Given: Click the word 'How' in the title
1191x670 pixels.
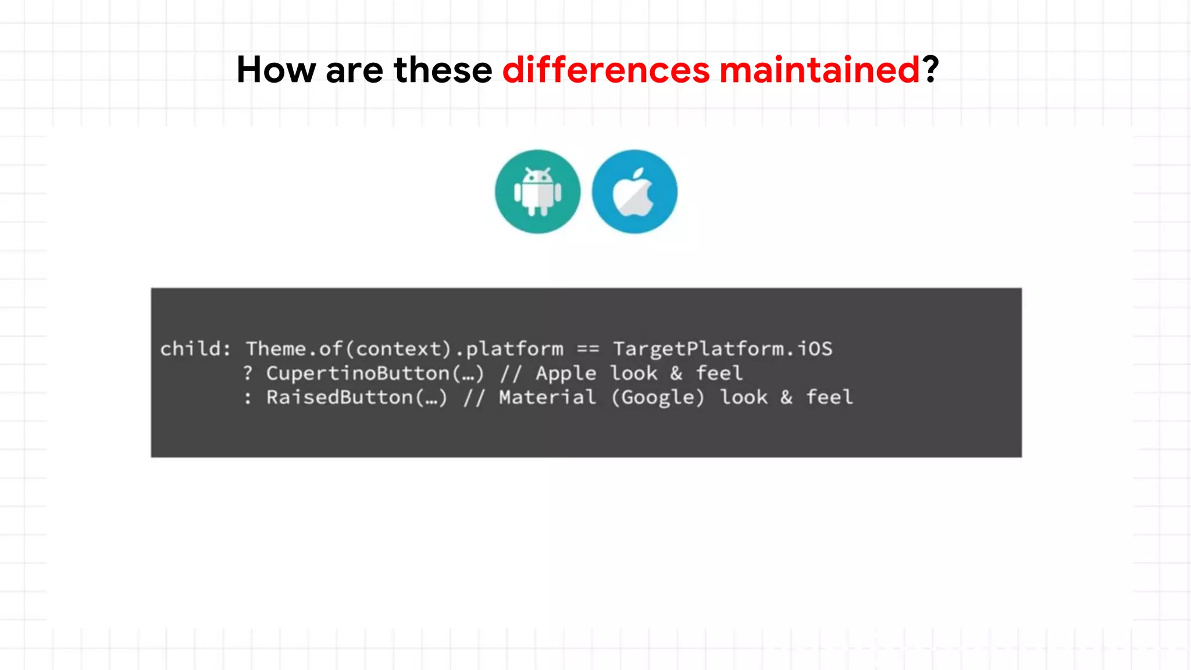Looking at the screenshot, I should coord(276,70).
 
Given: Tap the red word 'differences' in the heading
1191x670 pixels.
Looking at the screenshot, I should coord(606,70).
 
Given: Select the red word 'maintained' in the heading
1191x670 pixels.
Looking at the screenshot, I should coord(819,70).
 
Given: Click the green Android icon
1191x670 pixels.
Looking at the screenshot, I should coord(537,192).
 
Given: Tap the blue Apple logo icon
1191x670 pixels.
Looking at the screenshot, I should coord(634,192).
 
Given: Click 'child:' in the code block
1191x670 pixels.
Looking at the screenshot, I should coord(195,349).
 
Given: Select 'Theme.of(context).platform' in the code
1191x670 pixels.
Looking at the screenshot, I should coord(404,349).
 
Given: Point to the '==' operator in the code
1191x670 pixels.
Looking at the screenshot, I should coord(588,349).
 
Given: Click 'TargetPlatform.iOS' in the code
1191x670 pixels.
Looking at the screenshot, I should coord(722,349).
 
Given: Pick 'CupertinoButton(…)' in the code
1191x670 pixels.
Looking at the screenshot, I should coord(375,373).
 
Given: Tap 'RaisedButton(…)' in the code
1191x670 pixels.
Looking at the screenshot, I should coord(356,398).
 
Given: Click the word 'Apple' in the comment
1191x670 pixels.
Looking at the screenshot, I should coord(566,373).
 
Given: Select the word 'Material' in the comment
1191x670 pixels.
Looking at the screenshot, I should coord(547,398).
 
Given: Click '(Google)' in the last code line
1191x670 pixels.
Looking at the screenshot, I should coord(658,398).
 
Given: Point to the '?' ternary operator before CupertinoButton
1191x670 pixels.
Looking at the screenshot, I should coord(248,373).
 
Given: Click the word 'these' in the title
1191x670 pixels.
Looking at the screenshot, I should coord(443,70).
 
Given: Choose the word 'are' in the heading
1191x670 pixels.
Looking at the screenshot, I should coord(354,71).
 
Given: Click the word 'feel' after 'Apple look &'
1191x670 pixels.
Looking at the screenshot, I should coord(719,373).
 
